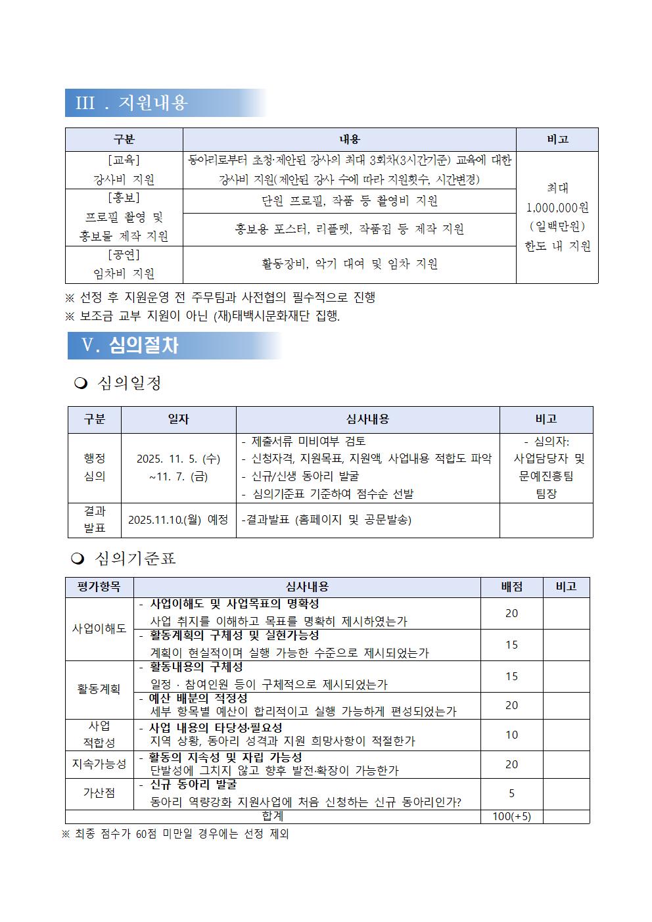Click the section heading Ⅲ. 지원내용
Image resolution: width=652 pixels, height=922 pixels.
pos(132,103)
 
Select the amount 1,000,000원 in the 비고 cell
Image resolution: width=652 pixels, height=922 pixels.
pos(557,208)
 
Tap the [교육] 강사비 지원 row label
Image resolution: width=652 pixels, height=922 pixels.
pos(124,170)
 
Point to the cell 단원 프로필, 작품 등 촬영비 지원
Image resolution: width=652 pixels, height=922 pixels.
pos(349,201)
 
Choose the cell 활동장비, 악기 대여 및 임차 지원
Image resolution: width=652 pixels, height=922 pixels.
pos(349,264)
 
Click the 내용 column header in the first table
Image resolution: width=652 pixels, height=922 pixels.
pos(349,139)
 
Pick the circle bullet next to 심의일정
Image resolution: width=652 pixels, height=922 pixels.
pos(81,384)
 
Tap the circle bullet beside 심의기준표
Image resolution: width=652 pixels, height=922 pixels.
pos(78,559)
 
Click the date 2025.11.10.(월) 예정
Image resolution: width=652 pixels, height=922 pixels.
pos(178,520)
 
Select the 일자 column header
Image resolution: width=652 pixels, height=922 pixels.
pos(178,419)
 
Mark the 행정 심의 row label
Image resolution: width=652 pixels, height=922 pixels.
pos(95,467)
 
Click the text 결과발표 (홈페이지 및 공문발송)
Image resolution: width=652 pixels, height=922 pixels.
pos(327,520)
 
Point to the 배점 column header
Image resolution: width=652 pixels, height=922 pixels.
pos(511,587)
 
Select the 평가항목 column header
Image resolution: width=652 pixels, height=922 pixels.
pos(99,587)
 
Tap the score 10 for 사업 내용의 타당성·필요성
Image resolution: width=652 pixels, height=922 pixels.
pos(511,735)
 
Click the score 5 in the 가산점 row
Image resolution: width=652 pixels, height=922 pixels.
pos(511,794)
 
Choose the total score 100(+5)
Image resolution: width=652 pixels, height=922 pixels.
pos(511,817)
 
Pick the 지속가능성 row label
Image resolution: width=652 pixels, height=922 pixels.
pos(99,764)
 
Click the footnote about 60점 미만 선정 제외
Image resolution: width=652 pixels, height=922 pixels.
pos(175,835)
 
